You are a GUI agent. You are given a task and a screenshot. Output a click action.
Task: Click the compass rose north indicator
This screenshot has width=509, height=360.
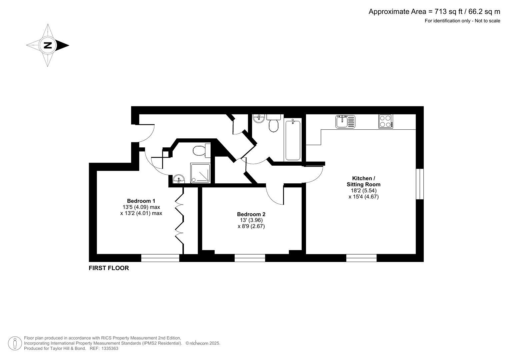[48, 45]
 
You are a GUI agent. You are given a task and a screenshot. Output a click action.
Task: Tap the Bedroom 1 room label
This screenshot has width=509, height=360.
[141, 201]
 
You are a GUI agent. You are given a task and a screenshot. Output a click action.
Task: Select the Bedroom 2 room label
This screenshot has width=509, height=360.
[251, 214]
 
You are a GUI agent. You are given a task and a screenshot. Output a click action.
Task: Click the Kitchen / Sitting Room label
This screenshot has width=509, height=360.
[363, 181]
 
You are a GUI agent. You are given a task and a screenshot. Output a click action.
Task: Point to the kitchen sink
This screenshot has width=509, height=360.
[345, 122]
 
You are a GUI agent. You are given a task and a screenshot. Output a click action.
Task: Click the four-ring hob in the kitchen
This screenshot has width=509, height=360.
[386, 121]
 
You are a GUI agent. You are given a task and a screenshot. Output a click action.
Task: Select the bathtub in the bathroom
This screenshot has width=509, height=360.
[293, 140]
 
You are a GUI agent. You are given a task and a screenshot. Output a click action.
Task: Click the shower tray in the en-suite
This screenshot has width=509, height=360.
[200, 173]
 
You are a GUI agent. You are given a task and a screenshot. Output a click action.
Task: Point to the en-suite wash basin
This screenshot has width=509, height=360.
[179, 179]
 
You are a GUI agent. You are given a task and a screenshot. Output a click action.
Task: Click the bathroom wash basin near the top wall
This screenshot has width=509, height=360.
[258, 118]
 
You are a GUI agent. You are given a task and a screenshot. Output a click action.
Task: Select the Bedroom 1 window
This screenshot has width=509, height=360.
[160, 258]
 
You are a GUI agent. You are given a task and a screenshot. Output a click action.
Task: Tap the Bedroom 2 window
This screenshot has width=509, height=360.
[250, 258]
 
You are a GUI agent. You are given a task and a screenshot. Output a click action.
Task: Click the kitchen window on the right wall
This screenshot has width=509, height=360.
[420, 184]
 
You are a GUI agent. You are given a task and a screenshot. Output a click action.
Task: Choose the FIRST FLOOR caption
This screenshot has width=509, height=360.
[109, 268]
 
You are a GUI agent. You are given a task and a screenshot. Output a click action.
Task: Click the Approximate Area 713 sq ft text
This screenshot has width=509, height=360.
[434, 12]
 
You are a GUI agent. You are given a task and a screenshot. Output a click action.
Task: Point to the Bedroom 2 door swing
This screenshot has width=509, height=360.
[275, 195]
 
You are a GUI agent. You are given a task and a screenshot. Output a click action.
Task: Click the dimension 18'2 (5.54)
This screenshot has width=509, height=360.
[363, 191]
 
